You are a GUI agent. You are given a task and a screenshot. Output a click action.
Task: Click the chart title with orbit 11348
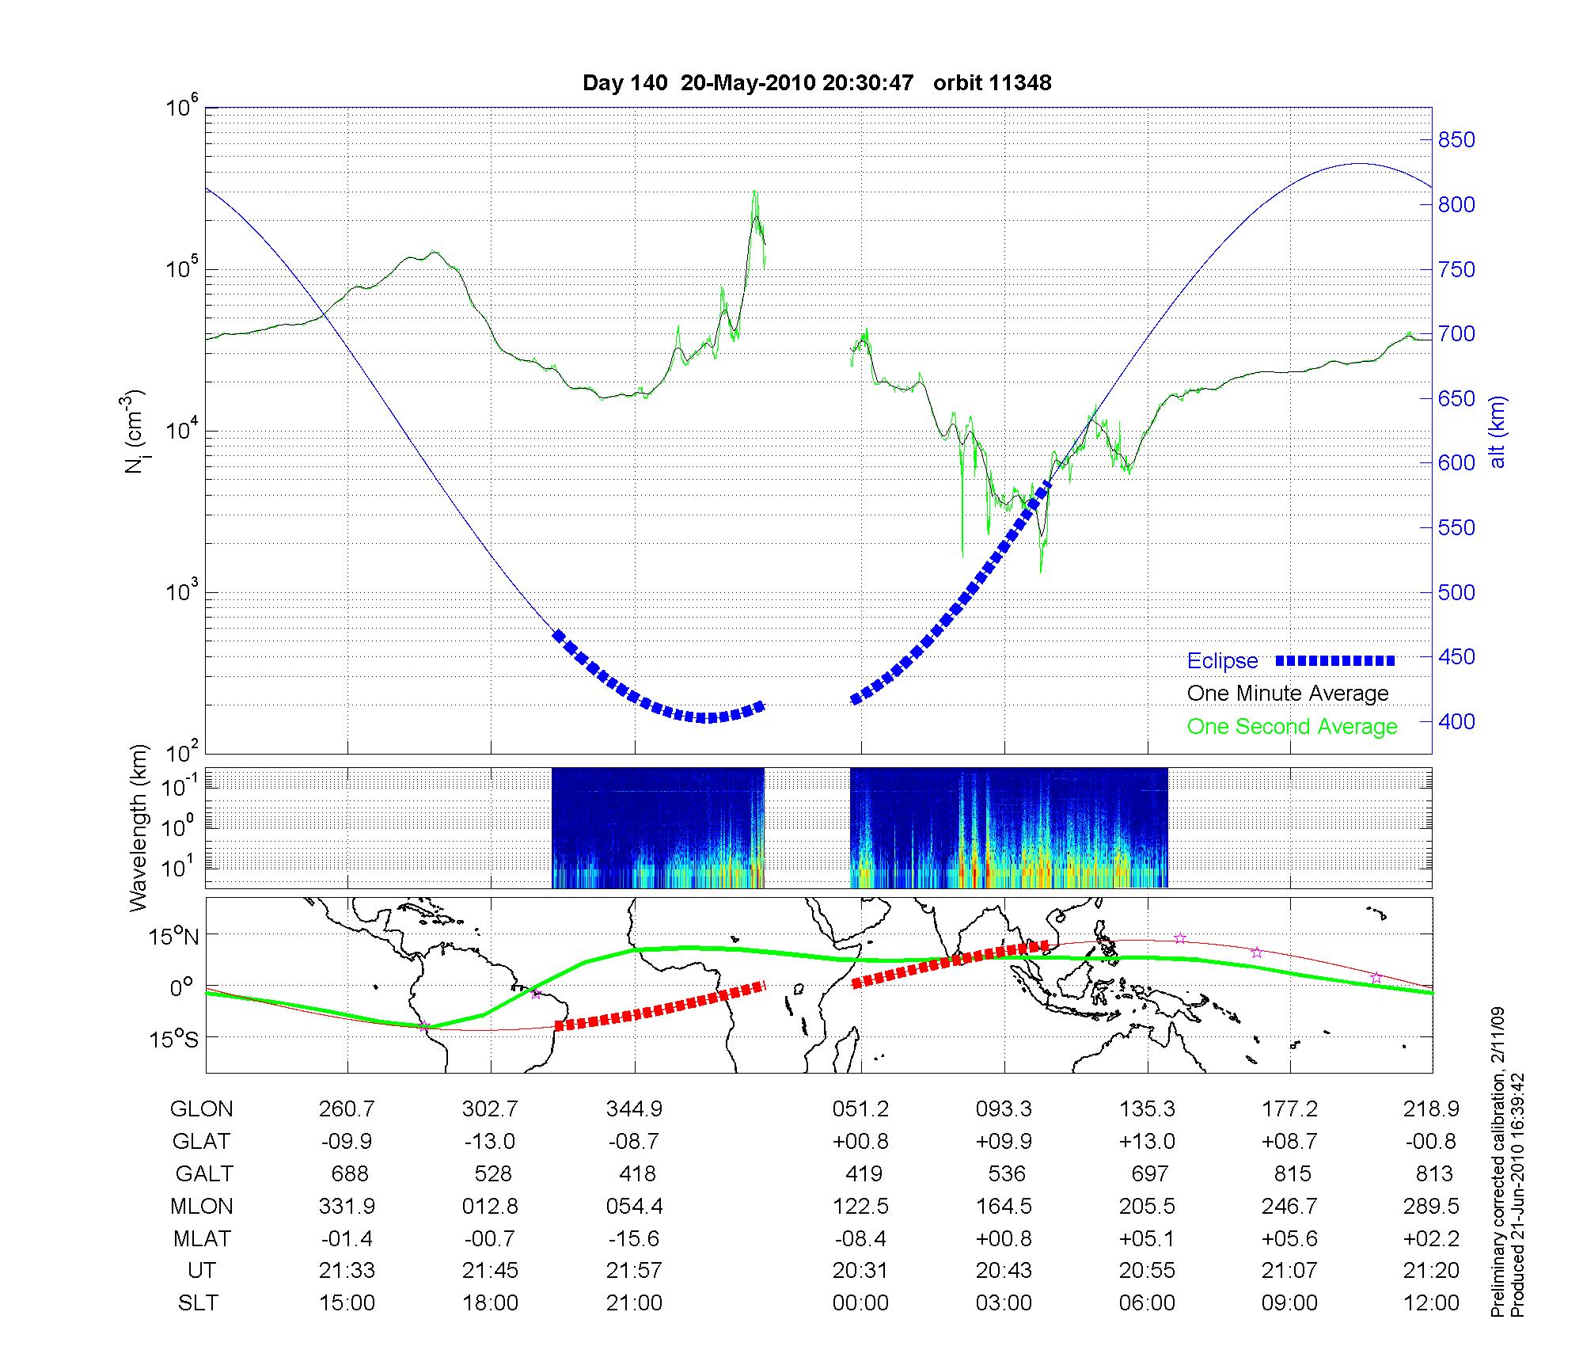point(817,83)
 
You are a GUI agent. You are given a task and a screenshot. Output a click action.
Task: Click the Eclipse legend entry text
point(1222,661)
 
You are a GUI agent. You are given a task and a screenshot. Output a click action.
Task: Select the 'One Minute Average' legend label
point(1288,694)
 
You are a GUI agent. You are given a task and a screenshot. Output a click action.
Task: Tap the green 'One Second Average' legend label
point(1292,727)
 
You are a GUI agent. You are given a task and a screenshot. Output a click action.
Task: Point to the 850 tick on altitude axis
point(1456,140)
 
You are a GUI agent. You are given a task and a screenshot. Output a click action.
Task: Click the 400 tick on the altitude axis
point(1456,722)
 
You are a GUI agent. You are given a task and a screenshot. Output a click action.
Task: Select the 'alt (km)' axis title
point(1498,432)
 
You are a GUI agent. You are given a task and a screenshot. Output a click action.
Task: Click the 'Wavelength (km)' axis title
point(139,827)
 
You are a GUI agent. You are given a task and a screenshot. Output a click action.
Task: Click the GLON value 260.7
point(347,1109)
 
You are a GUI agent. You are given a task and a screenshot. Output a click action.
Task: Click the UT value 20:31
point(860,1271)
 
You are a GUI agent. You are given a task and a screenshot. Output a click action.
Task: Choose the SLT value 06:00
point(1148,1303)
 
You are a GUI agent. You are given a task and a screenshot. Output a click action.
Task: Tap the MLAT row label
point(202,1238)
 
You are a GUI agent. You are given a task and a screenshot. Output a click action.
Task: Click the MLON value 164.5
point(1004,1207)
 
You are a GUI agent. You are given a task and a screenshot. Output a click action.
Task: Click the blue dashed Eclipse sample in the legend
point(1334,661)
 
